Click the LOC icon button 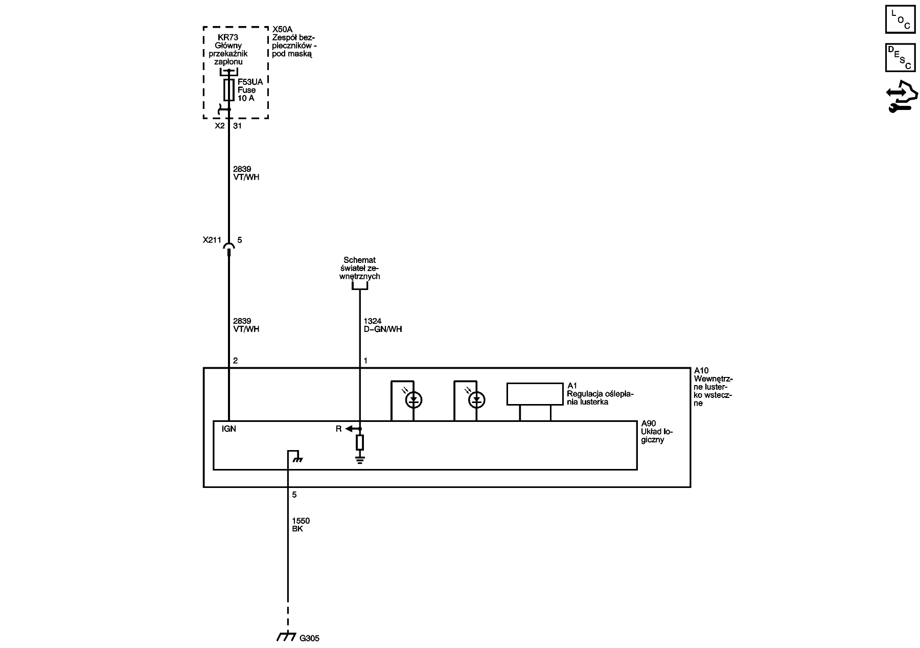pos(900,19)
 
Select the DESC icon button pos(900,57)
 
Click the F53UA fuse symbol pos(229,90)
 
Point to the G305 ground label pos(309,639)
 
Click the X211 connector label pos(212,239)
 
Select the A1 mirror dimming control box pos(535,394)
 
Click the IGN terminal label pos(229,429)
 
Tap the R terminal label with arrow pos(338,429)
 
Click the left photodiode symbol pos(413,400)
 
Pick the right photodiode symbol pos(477,400)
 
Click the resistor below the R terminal pos(360,442)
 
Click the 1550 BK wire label pos(301,525)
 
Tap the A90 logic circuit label pos(653,432)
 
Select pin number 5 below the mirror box pos(294,495)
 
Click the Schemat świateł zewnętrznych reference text pos(360,268)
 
